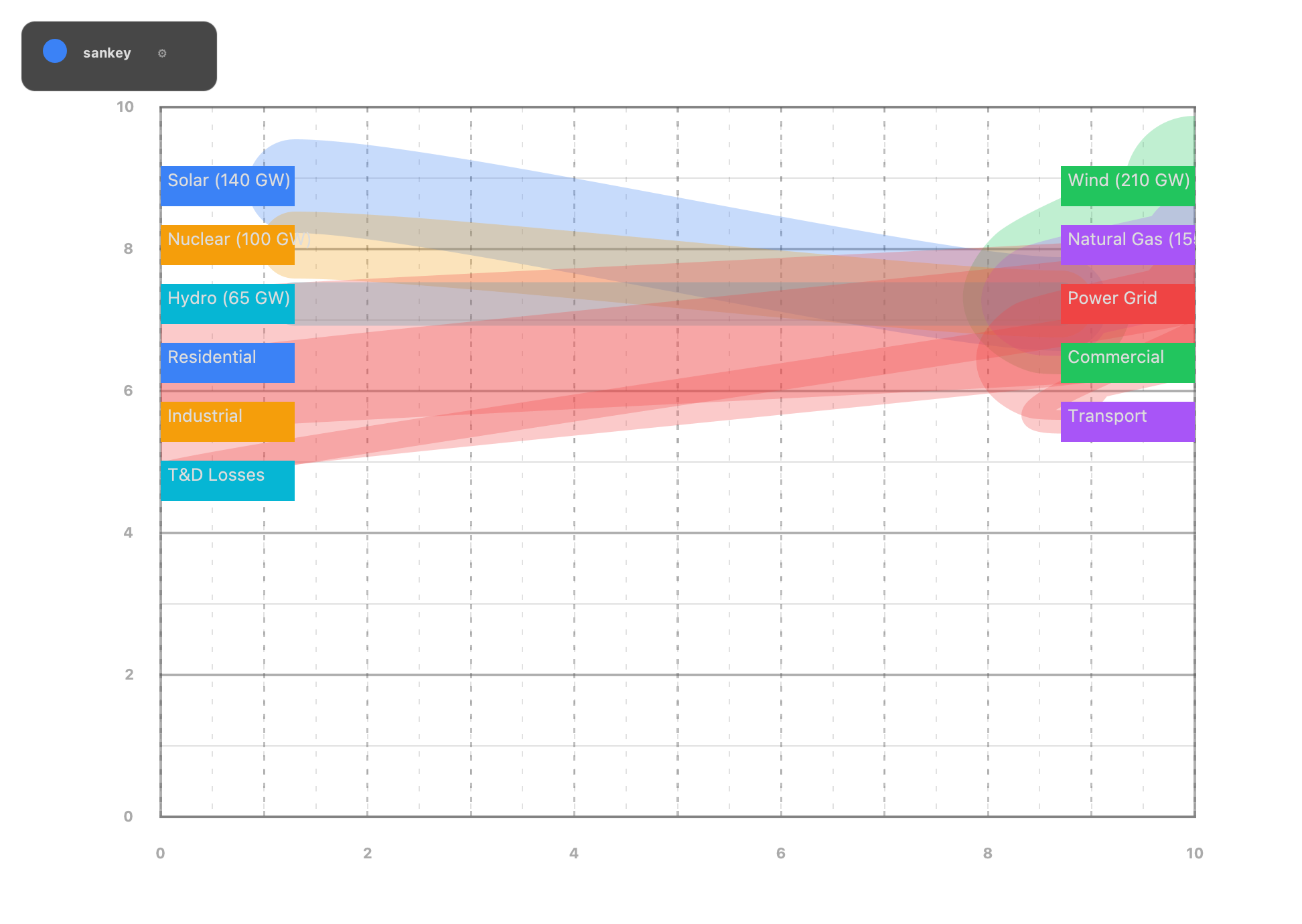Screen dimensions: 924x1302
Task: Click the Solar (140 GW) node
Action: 228,185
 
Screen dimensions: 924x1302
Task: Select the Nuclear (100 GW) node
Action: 228,244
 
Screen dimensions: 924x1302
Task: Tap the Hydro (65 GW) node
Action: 228,303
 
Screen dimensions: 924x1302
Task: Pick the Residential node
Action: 228,362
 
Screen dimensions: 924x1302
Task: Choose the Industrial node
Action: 228,421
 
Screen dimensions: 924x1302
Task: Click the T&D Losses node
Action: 228,480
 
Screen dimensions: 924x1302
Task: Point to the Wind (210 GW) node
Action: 1127,185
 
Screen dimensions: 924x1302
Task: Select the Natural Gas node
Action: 1127,244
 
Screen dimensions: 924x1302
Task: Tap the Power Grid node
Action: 1127,303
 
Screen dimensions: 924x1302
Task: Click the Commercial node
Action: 1127,362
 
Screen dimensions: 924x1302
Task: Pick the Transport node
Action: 1127,421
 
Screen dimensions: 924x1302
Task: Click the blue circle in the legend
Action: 55,51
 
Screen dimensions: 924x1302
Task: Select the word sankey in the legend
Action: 106,53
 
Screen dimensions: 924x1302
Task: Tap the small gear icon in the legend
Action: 162,53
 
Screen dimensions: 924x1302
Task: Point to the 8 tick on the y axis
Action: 128,249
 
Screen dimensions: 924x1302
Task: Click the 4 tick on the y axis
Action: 128,533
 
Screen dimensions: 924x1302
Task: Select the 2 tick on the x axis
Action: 367,853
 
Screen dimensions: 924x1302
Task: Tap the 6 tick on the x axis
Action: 780,853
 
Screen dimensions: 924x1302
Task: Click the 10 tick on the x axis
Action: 1194,853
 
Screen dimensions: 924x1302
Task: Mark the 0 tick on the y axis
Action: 128,816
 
